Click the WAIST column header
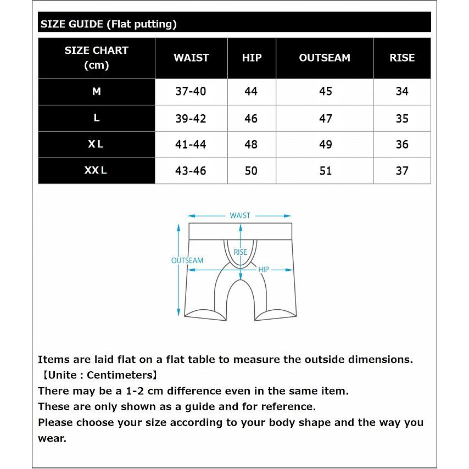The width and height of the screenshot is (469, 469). click(x=191, y=58)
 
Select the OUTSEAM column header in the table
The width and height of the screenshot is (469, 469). click(x=325, y=58)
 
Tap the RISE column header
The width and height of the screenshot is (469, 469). click(x=402, y=58)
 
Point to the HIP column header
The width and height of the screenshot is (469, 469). click(x=252, y=58)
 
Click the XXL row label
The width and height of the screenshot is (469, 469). click(x=96, y=170)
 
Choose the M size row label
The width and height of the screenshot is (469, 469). click(x=96, y=92)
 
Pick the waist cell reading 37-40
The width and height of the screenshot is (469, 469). click(x=191, y=92)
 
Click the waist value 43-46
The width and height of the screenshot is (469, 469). click(x=191, y=171)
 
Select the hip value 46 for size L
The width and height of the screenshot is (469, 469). click(x=251, y=119)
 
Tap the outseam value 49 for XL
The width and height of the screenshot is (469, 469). click(x=326, y=144)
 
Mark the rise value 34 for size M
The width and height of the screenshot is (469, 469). click(x=402, y=92)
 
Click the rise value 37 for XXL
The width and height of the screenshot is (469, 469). click(x=402, y=171)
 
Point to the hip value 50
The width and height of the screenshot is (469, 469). click(x=251, y=171)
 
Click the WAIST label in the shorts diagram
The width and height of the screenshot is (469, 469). click(x=240, y=216)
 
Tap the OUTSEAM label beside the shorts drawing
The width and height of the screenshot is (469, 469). click(x=187, y=261)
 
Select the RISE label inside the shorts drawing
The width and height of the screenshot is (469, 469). click(x=241, y=252)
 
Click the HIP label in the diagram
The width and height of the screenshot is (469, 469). click(x=264, y=270)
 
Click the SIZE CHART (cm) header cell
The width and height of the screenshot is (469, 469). click(x=96, y=58)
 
